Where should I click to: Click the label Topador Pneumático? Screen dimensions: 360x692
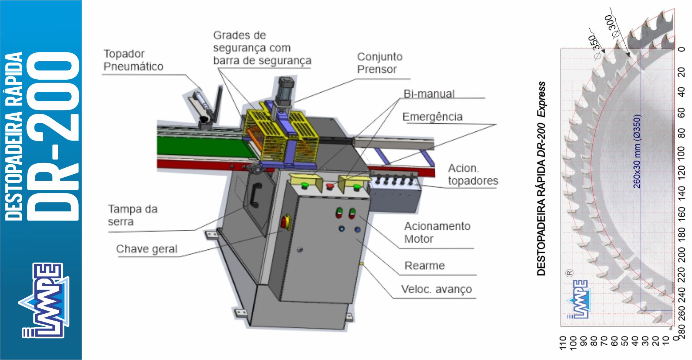pyautogui.click(x=133, y=60)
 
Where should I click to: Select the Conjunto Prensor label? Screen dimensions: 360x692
pyautogui.click(x=380, y=63)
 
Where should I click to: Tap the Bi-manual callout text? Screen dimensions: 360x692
pyautogui.click(x=429, y=94)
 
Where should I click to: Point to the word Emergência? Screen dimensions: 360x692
pyautogui.click(x=432, y=117)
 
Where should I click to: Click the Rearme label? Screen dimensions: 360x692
pyautogui.click(x=424, y=266)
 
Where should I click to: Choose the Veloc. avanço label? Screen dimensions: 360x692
pyautogui.click(x=436, y=290)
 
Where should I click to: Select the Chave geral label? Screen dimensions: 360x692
pyautogui.click(x=146, y=249)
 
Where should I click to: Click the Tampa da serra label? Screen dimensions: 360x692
pyautogui.click(x=132, y=215)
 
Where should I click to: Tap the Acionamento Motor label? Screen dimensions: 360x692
pyautogui.click(x=437, y=232)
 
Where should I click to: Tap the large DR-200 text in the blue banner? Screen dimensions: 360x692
pyautogui.click(x=56, y=136)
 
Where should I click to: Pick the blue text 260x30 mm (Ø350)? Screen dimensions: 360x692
pyautogui.click(x=637, y=151)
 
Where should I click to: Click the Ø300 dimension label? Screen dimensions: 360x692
pyautogui.click(x=612, y=26)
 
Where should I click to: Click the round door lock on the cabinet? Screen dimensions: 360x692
pyautogui.click(x=300, y=250)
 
